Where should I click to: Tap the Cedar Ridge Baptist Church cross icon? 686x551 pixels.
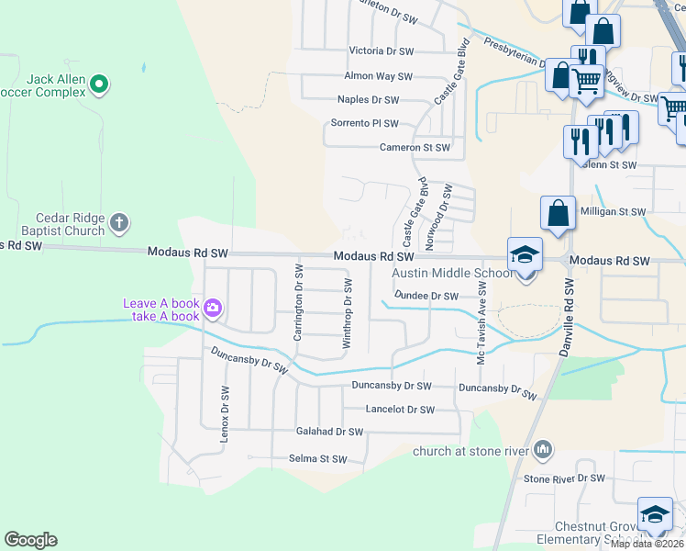coord(119,222)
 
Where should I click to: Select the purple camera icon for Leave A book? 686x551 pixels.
coord(214,309)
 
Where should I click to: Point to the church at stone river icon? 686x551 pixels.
coord(543,449)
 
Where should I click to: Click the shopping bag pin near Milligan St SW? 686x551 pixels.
coord(558,216)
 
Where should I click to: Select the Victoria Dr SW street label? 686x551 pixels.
coord(382,51)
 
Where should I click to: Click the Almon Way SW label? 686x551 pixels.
coord(378,76)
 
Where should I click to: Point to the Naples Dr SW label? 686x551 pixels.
coord(368,99)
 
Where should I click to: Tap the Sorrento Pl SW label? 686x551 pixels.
coord(364,123)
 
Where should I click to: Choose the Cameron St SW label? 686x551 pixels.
coord(415,147)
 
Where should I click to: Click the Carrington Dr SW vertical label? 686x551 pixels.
coord(298,301)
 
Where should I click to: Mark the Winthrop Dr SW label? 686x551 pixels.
coord(348,313)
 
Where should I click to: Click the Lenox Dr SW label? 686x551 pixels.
coord(224,413)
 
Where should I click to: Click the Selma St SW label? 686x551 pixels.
coord(317,458)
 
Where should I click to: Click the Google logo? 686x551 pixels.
coord(30,540)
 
